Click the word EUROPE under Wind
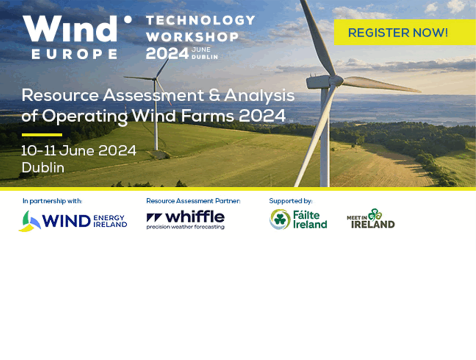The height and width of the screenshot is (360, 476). pos(75,54)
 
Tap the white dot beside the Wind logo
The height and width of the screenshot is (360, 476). pos(128,20)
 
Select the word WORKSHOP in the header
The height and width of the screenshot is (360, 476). pos(193,37)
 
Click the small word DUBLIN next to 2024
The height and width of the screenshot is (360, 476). pos(205,57)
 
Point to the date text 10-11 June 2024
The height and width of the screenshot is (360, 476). pos(79,151)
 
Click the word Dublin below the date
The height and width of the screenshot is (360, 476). pos(43,167)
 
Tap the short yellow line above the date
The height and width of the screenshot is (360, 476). pos(42,134)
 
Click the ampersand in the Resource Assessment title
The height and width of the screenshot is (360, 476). pos(214,95)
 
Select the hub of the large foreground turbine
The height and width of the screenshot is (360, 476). pos(335,81)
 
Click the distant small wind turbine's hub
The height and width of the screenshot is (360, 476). pos(155,79)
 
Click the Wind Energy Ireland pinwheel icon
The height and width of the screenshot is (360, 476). pos(30,221)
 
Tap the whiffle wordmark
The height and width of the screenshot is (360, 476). pos(195,217)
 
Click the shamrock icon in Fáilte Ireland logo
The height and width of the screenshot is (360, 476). pos(280,219)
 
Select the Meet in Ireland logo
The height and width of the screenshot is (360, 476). pos(371,219)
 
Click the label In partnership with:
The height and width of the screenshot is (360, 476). pos(52,201)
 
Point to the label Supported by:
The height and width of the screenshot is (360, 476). pos(290,201)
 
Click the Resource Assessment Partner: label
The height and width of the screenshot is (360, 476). pos(194,201)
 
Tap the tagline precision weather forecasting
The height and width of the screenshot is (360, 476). pos(186,227)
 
